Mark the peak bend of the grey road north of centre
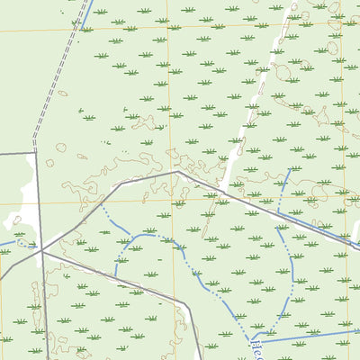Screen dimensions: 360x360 pyautogui.click(x=177, y=171)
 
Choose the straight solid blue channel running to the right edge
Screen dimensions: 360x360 pyautogui.click(x=306, y=336)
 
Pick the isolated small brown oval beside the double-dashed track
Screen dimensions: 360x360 pyautogui.click(x=61, y=94)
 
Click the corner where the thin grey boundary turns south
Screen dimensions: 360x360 pyautogui.click(x=36, y=153)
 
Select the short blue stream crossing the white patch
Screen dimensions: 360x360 pyautogui.click(x=13, y=241)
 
